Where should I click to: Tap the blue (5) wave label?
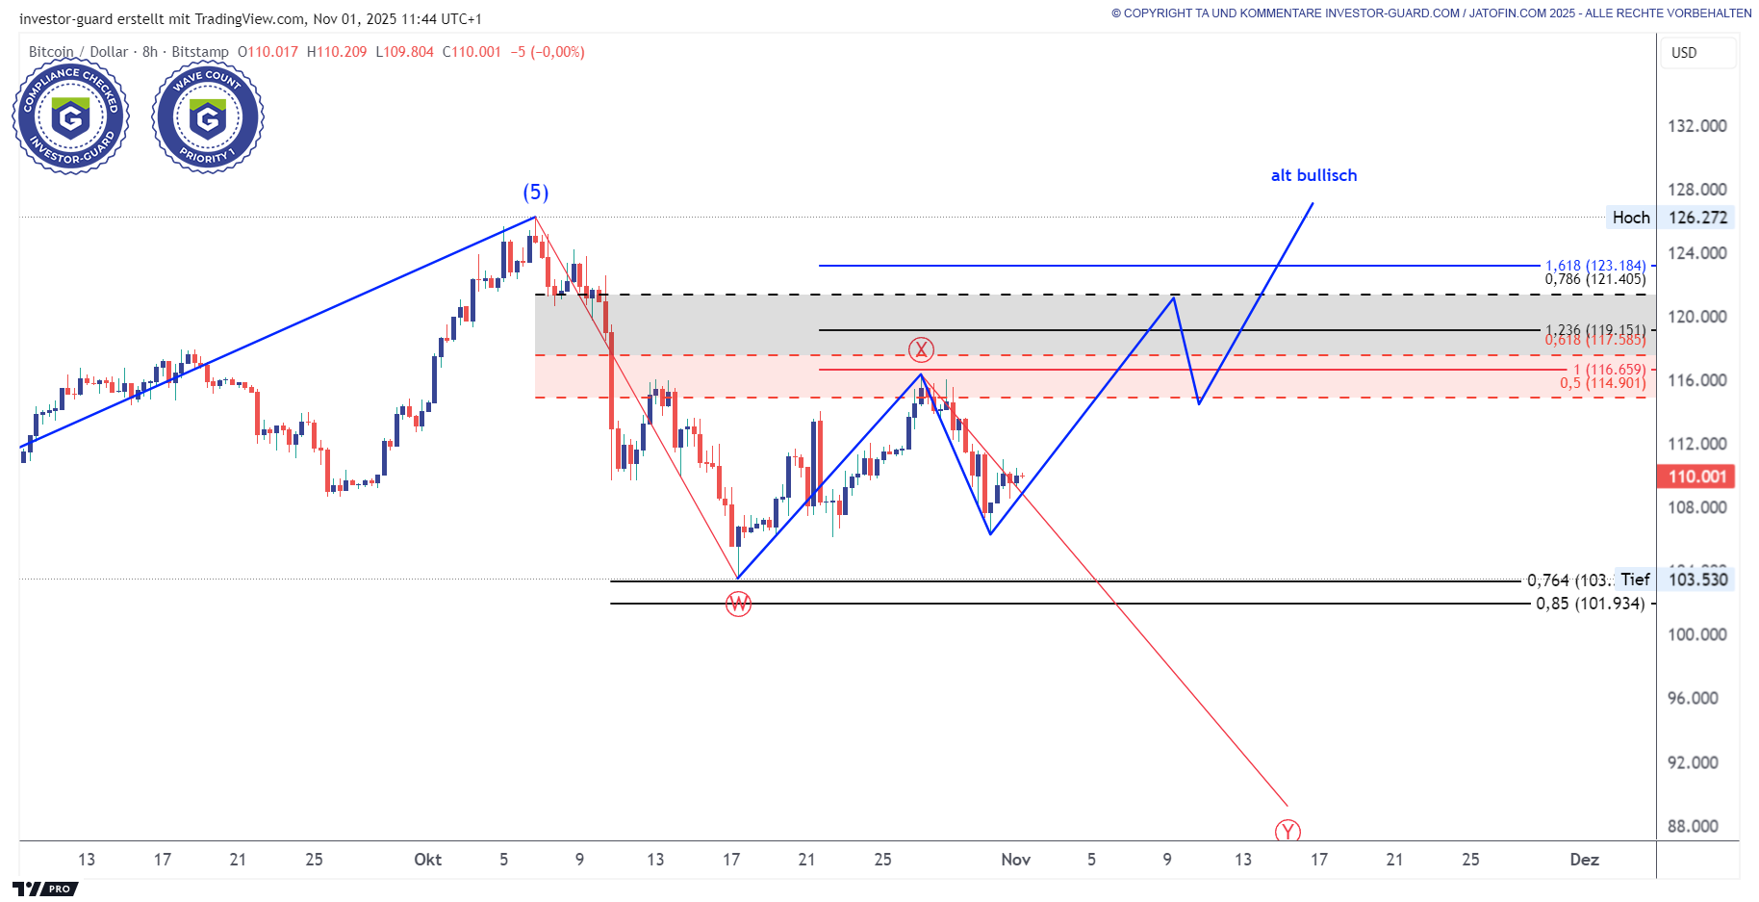(x=536, y=193)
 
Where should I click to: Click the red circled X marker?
(x=921, y=348)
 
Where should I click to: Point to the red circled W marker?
(x=738, y=604)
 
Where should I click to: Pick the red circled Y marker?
(x=1287, y=831)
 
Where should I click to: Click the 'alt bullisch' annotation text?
(x=1313, y=175)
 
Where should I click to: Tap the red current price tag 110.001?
(x=1696, y=477)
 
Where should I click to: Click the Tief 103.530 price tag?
(x=1675, y=580)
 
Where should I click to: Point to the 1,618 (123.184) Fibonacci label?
(x=1594, y=266)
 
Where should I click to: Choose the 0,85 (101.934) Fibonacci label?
(x=1590, y=604)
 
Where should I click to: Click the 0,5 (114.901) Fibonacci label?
(x=1602, y=383)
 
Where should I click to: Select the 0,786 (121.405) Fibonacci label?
(x=1594, y=279)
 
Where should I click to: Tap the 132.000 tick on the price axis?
(x=1696, y=126)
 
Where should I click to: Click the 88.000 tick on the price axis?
(x=1693, y=826)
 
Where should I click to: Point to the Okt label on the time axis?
(x=427, y=860)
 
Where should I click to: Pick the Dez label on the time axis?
(x=1584, y=860)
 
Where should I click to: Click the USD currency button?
(x=1684, y=53)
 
